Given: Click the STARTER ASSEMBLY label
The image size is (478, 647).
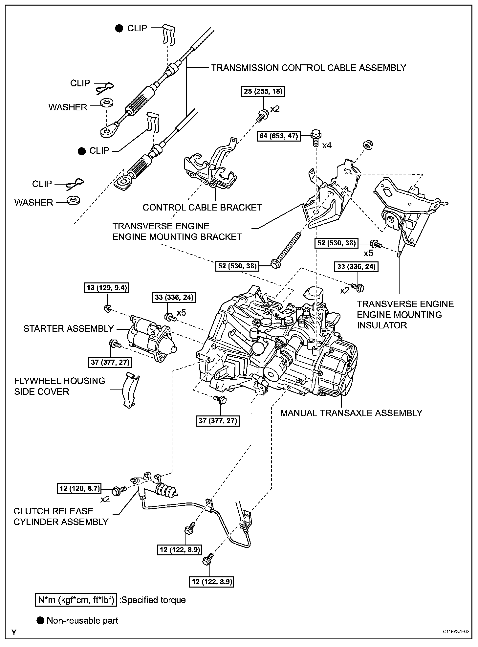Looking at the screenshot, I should [68, 328].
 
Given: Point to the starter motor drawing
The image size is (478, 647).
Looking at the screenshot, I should [151, 340].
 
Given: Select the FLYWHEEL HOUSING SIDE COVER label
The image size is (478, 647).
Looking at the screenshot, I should [59, 386].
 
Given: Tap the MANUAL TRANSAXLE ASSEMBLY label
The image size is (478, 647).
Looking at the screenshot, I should [351, 413].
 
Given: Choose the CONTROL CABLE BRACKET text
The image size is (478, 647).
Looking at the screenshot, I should [202, 208].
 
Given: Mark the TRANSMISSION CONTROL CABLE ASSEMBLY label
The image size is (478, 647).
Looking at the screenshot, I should [309, 68].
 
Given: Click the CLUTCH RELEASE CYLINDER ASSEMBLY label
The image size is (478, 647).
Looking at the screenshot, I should [61, 516].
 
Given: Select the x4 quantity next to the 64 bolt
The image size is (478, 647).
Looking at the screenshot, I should [327, 145].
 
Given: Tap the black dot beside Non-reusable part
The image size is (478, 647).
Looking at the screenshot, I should [41, 620].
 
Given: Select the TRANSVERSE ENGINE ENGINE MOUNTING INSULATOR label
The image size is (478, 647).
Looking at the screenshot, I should [405, 315].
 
